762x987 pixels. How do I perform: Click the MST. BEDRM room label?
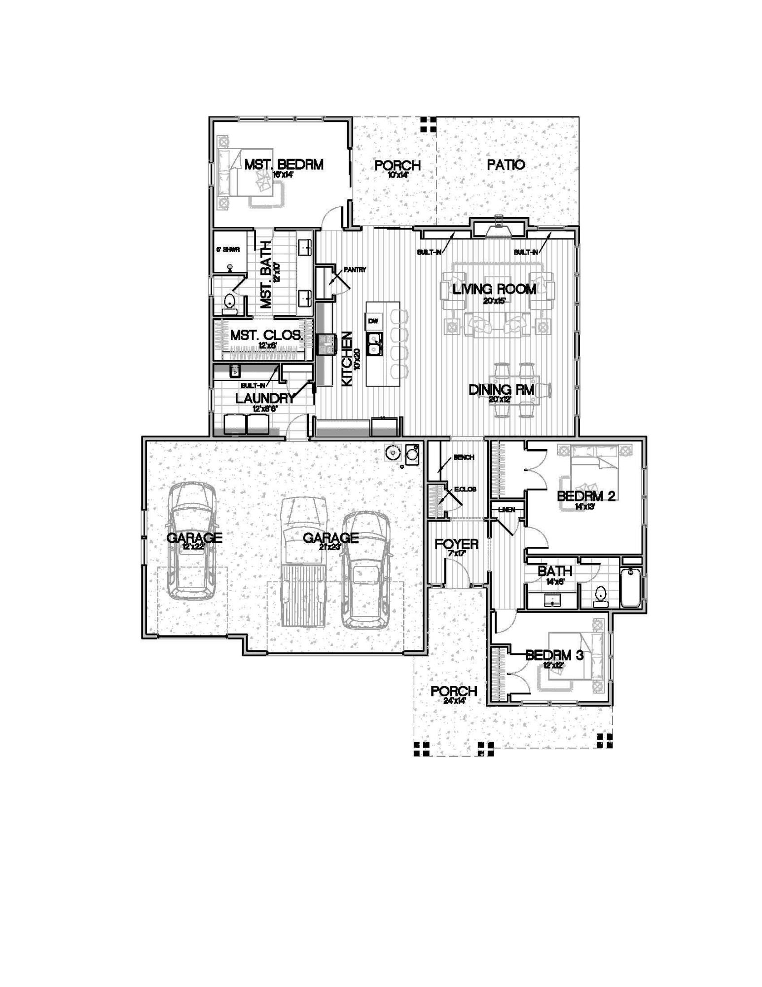point(284,164)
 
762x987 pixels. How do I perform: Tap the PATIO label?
point(506,165)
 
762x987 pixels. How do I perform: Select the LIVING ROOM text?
point(494,289)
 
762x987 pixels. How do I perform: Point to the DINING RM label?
point(501,390)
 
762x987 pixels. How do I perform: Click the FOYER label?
point(456,544)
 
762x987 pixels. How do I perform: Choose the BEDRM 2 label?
point(586,496)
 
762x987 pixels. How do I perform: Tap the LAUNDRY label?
point(264,398)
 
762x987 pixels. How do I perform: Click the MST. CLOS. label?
point(266,336)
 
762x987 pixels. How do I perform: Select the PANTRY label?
point(355,270)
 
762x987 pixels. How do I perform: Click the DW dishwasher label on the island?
point(373,321)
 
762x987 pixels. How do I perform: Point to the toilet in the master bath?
point(229,302)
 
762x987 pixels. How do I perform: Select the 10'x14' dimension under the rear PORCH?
point(398,174)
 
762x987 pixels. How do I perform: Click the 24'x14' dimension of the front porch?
point(454,700)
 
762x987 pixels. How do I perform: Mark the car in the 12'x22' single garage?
point(192,540)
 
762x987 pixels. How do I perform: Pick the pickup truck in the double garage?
point(303,563)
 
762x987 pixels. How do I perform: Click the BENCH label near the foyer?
point(464,457)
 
